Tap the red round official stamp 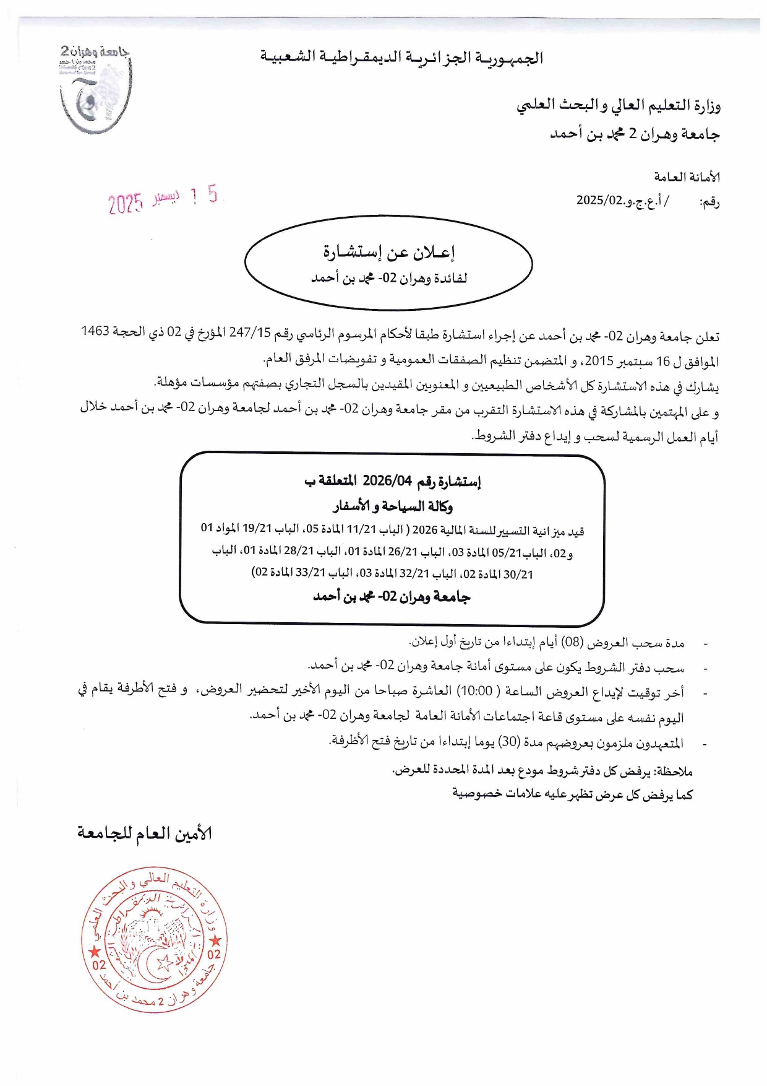point(154,939)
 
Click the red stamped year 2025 point(126,202)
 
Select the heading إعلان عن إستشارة point(388,252)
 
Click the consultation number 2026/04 point(387,480)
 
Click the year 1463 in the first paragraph point(95,331)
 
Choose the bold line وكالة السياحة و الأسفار point(393,506)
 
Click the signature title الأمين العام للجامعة point(145,833)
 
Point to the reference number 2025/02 point(598,200)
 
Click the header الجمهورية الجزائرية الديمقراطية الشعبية point(401,58)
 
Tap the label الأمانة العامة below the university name point(687,177)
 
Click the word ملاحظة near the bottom point(674,771)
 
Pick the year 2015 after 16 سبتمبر point(599,360)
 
